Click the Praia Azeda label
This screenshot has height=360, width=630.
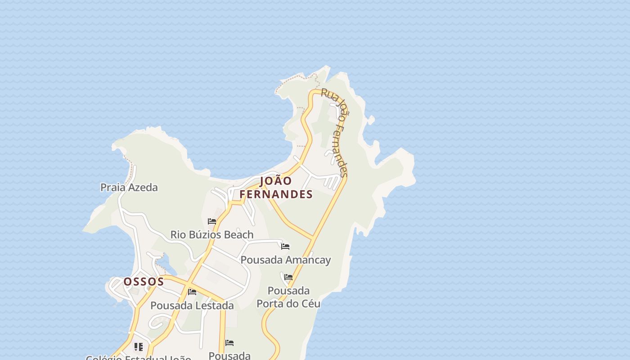point(129,187)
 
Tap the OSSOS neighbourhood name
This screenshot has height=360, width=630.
point(144,282)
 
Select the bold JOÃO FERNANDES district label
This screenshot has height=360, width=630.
point(276,187)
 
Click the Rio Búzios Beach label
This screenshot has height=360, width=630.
point(211,234)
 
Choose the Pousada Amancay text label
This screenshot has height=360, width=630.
point(285,260)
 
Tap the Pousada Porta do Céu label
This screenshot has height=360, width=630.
point(288,297)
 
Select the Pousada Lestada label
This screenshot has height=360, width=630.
point(192,306)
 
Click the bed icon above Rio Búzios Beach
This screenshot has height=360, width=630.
point(212,221)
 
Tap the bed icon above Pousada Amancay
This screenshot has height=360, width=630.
point(285,247)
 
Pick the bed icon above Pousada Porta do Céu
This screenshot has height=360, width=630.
point(288,277)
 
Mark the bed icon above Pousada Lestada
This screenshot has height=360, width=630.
point(192,292)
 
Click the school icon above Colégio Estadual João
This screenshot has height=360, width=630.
point(139,347)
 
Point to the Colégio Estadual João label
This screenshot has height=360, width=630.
point(138,358)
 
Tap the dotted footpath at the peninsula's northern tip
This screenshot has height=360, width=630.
point(292,81)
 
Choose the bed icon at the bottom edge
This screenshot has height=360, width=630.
point(229,343)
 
